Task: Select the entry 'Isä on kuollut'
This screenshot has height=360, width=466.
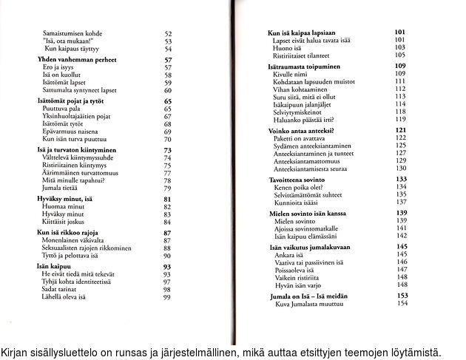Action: click(61, 75)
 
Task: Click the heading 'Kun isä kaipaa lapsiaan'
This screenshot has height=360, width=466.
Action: click(303, 32)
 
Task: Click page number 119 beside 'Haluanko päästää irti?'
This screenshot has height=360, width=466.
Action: click(402, 118)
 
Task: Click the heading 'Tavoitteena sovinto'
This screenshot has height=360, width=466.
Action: click(300, 180)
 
